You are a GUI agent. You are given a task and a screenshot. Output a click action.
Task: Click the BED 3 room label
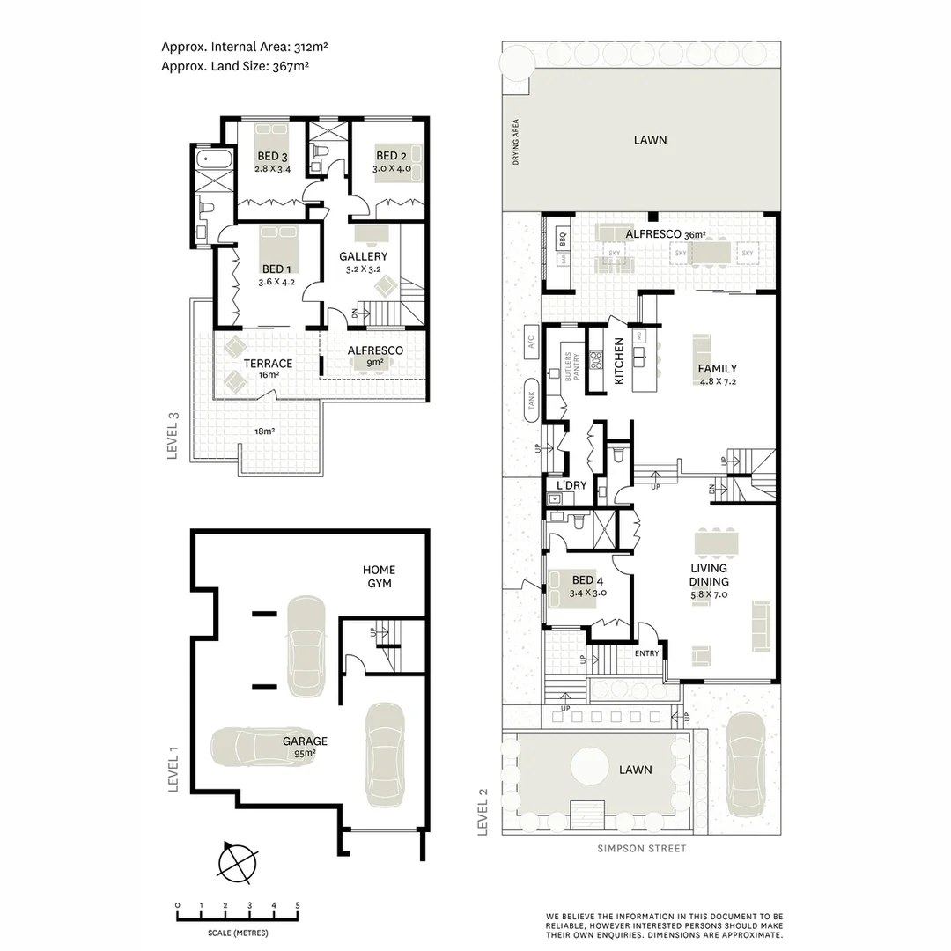click(x=272, y=157)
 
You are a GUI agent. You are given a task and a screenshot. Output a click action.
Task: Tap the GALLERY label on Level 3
click(x=363, y=256)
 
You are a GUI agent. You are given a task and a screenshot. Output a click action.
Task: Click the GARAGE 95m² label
click(x=305, y=741)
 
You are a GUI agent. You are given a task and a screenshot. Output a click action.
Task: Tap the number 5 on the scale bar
click(x=298, y=905)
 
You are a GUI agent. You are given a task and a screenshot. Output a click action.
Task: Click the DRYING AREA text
click(x=516, y=142)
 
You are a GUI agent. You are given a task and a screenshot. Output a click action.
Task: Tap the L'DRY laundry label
click(x=571, y=486)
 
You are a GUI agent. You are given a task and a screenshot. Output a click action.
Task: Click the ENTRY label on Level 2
click(x=646, y=653)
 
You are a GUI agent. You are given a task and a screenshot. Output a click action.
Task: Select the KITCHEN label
click(x=618, y=361)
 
